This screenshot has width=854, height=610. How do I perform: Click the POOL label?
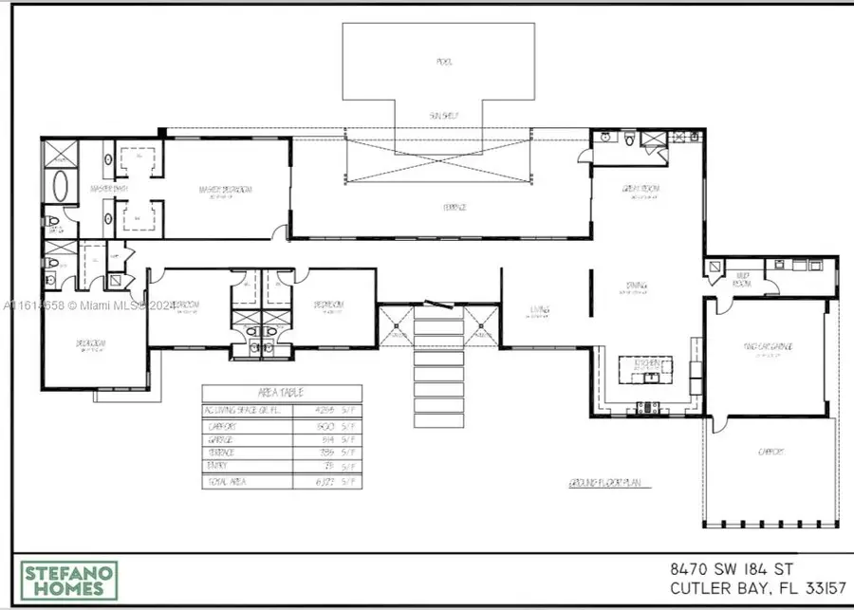pyautogui.click(x=444, y=63)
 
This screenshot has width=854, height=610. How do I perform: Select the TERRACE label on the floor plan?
pyautogui.click(x=443, y=207)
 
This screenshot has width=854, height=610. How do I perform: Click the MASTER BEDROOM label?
pyautogui.click(x=225, y=190)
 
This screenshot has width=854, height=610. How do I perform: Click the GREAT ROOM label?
pyautogui.click(x=642, y=189)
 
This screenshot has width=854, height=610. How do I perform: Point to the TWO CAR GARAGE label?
pyautogui.click(x=769, y=347)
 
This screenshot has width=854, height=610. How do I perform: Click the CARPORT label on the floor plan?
pyautogui.click(x=770, y=453)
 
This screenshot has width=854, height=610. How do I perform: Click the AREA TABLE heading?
pyautogui.click(x=282, y=393)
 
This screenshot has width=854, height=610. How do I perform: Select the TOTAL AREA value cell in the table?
pyautogui.click(x=325, y=483)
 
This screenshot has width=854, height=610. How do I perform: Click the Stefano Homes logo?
pyautogui.click(x=69, y=581)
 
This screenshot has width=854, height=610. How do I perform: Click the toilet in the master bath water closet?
pyautogui.click(x=53, y=226)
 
